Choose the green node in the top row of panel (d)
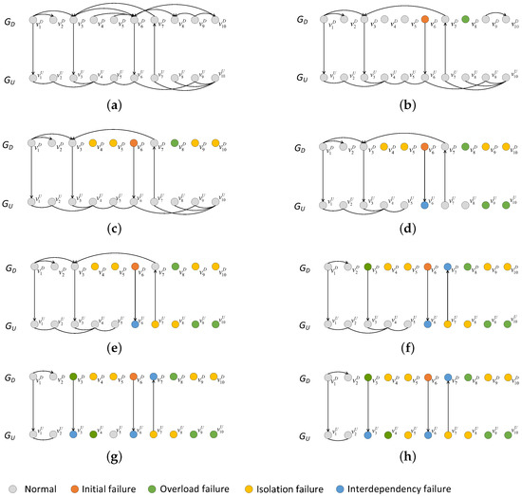coord(464,146)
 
